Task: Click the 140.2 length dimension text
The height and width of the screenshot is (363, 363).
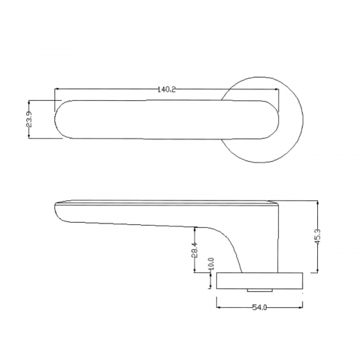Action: (x=166, y=89)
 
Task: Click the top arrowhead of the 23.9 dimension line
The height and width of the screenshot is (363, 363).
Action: (x=29, y=100)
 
